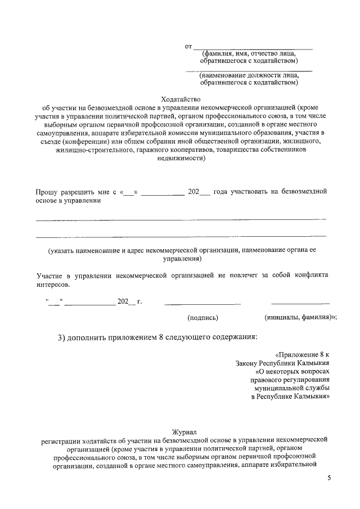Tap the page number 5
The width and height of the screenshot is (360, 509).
(330, 478)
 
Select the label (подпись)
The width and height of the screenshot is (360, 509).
(202, 318)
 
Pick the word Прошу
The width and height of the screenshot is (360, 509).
(47, 192)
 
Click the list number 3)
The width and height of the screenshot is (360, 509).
(65, 337)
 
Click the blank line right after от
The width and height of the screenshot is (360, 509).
(253, 48)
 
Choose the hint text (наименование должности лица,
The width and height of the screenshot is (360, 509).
(249, 75)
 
